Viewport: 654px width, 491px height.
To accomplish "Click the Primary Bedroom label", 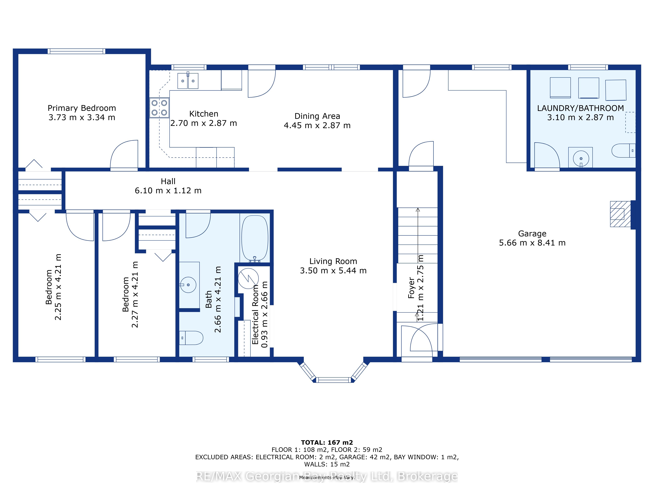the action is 82,108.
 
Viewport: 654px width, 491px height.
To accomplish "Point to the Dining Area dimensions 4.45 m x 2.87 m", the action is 317,126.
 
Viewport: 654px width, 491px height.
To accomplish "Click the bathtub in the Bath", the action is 255,238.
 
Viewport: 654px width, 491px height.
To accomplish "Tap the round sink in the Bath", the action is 188,285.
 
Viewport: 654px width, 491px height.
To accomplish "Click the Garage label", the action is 532,234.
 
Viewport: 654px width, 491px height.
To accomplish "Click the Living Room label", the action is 333,261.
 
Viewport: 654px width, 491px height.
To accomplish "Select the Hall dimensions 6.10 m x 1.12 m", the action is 168,191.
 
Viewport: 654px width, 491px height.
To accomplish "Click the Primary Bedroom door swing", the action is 124,155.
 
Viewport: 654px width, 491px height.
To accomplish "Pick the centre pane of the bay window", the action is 334,380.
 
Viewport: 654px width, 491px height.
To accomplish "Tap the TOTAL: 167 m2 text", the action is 327,442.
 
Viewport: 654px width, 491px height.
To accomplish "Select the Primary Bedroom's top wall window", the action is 77,51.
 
